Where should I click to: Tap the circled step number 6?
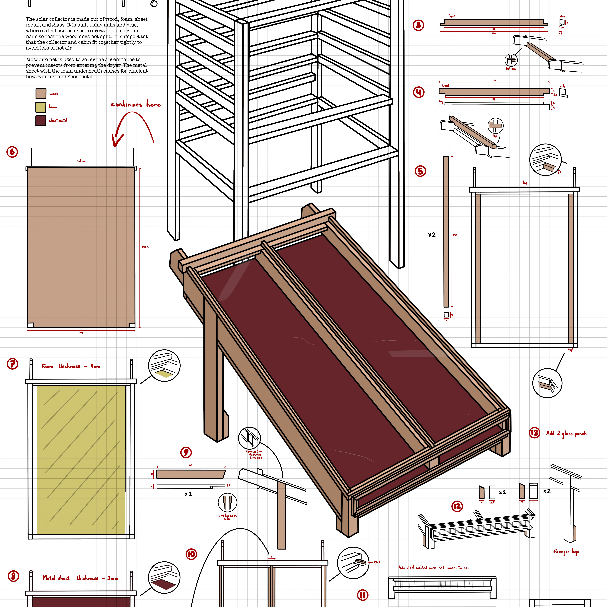[12, 152]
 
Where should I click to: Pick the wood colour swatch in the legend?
[41, 94]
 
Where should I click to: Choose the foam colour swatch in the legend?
[41, 107]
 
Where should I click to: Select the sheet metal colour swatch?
[41, 121]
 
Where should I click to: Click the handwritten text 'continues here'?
[136, 104]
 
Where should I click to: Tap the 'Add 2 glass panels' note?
[566, 434]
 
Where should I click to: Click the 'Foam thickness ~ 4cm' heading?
[71, 366]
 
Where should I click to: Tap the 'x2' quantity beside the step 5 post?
[432, 235]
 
